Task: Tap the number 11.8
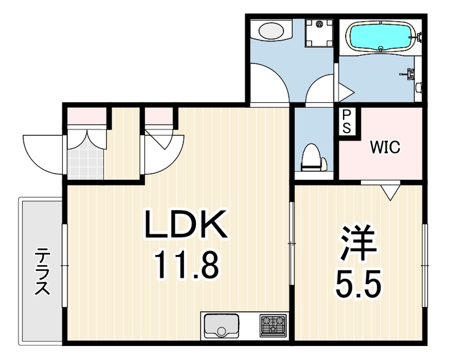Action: [187, 265]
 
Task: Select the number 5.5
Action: [359, 284]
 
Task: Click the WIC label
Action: [385, 147]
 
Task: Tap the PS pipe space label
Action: [346, 121]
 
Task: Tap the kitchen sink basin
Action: [221, 326]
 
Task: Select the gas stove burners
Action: [273, 326]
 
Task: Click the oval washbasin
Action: [271, 31]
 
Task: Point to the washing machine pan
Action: [319, 33]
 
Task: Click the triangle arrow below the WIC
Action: [390, 192]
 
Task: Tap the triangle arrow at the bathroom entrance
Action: [346, 92]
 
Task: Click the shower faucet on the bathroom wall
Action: [409, 74]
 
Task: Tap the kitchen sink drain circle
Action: [221, 332]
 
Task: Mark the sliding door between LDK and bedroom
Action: [291, 243]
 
